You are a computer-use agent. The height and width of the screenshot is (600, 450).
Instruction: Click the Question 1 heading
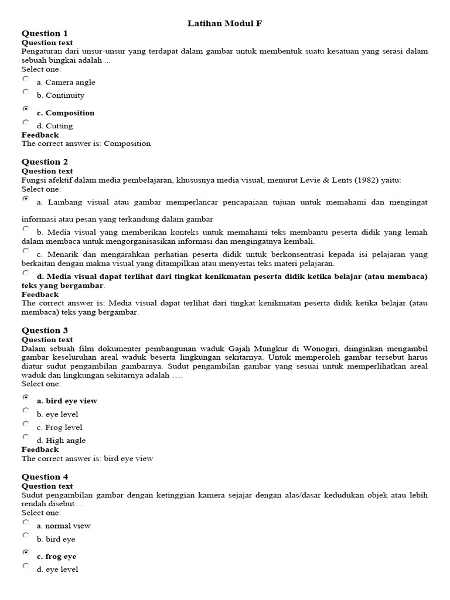pos(45,33)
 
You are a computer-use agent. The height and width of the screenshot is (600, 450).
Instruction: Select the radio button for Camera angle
pos(25,79)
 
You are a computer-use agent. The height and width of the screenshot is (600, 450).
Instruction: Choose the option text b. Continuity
pos(60,96)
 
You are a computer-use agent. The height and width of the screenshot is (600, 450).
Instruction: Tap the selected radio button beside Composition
pos(25,109)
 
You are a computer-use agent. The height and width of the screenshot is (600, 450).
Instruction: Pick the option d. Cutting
pos(54,126)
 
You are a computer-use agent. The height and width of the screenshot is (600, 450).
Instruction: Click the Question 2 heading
pos(45,162)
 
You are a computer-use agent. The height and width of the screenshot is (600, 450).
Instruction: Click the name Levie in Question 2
pos(316,180)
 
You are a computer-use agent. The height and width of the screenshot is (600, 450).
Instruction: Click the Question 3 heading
pos(45,330)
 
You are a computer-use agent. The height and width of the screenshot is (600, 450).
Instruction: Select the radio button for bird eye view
pos(25,397)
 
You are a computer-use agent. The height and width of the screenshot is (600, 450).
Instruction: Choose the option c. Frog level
pos(59,428)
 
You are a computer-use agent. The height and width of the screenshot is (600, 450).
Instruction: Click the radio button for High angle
pos(25,437)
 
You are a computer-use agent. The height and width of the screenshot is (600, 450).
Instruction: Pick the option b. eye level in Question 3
pos(57,414)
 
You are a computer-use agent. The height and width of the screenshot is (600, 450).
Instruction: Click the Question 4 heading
pos(45,477)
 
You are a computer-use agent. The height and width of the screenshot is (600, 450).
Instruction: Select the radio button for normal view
pos(25,522)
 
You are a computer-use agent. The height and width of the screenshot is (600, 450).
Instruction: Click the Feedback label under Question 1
pos(40,135)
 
